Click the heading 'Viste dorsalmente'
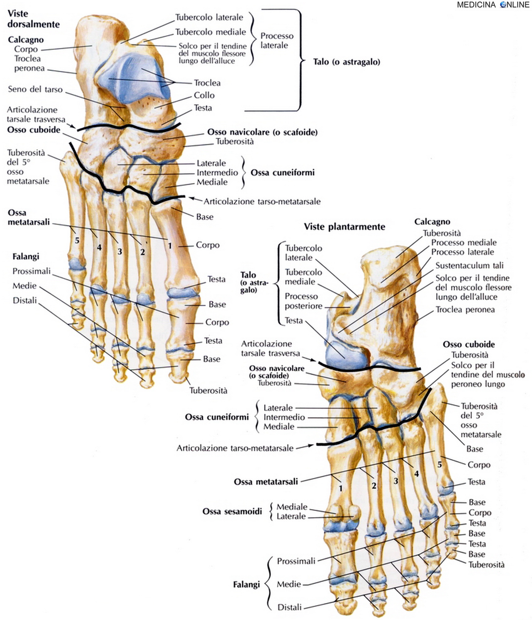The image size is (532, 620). pos(34,19)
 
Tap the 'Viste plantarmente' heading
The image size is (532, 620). pos(344,227)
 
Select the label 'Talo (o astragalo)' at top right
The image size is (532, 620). pos(346,62)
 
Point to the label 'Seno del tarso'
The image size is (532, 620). pos(35,89)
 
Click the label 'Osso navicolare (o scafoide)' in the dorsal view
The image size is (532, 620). pos(262,132)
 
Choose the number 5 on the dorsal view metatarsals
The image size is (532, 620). pos(77,240)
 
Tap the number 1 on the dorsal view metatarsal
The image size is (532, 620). pos(170,246)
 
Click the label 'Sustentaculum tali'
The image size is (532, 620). pos(469,265)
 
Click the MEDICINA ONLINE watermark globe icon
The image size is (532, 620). pos(503,5)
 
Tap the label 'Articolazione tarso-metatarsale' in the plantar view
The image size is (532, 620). pos(235,448)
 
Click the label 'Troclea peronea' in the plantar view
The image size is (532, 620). pos(465,309)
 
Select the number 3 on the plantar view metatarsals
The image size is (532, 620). pos(395,481)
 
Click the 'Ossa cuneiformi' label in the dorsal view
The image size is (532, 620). pos(282,173)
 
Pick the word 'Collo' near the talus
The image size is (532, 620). pos(204,95)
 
